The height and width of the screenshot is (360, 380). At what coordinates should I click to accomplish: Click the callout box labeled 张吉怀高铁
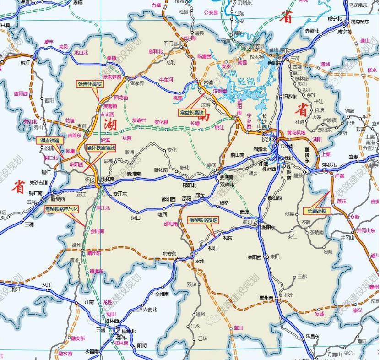[90, 84]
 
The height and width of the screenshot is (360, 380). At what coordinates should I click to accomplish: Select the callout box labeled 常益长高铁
[191, 112]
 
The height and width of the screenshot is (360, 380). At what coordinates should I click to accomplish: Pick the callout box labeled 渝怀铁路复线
[101, 149]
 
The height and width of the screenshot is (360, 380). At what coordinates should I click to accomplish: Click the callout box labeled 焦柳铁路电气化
[62, 209]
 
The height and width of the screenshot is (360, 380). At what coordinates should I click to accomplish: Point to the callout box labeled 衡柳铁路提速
[204, 220]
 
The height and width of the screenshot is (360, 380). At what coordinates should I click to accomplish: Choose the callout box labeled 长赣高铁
[317, 211]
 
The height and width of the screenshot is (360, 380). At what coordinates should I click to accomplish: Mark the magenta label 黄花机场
[296, 132]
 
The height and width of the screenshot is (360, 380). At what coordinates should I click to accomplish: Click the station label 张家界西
[112, 77]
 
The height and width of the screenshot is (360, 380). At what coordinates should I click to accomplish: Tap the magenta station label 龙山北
[81, 53]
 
